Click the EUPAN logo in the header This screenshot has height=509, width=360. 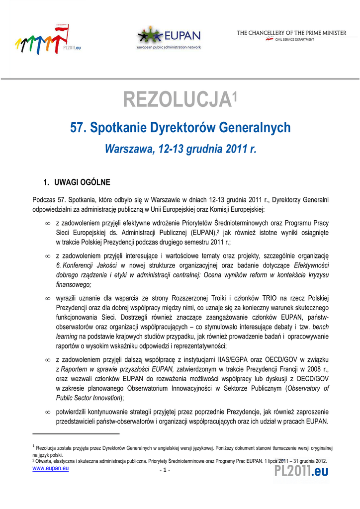(x=169, y=37)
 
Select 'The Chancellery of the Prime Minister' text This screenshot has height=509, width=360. (x=291, y=33)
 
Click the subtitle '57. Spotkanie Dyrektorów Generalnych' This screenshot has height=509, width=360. (x=180, y=128)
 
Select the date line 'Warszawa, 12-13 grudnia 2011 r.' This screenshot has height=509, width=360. (x=180, y=149)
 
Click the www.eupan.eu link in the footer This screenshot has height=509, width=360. (x=50, y=469)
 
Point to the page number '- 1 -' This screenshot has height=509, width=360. (x=165, y=470)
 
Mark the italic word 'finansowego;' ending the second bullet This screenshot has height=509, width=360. (x=74, y=285)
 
